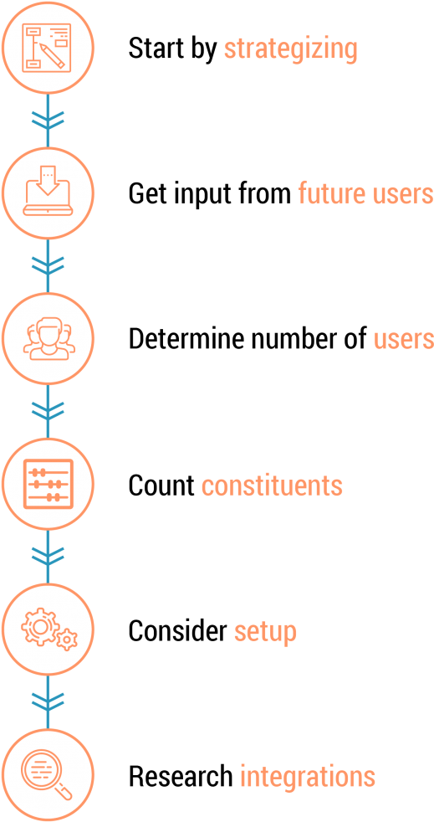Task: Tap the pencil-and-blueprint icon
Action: [48, 47]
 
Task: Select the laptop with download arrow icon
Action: [48, 193]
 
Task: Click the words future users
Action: [365, 193]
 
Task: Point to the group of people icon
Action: [48, 338]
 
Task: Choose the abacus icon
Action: [48, 484]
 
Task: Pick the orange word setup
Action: [265, 632]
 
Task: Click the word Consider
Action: [177, 630]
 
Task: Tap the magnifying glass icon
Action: [48, 776]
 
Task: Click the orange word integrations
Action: [308, 777]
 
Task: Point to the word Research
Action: [181, 776]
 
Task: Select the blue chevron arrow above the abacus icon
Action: [48, 411]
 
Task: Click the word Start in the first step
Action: [156, 49]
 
